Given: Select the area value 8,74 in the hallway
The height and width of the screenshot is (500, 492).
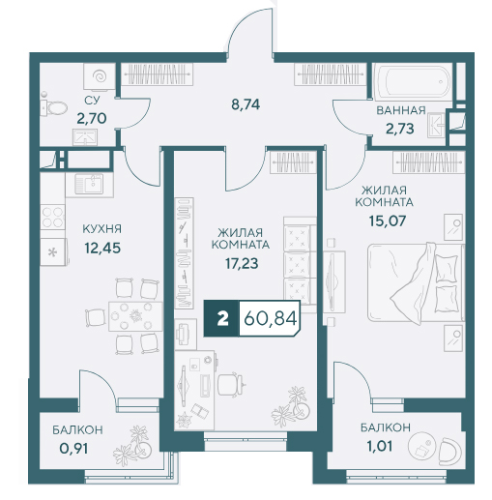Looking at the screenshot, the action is pyautogui.click(x=246, y=104).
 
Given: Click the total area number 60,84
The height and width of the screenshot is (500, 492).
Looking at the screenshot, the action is pyautogui.click(x=270, y=319).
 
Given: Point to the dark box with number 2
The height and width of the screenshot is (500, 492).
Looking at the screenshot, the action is pyautogui.click(x=221, y=319).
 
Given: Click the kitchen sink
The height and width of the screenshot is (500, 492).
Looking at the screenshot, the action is pyautogui.click(x=89, y=185).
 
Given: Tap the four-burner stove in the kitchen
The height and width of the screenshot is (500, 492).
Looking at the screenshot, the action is pyautogui.click(x=52, y=217).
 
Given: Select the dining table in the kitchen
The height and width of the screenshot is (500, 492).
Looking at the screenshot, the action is pyautogui.click(x=135, y=316).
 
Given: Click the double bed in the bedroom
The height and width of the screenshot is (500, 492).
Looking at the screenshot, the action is pyautogui.click(x=416, y=282).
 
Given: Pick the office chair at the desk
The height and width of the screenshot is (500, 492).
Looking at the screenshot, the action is pyautogui.click(x=231, y=384).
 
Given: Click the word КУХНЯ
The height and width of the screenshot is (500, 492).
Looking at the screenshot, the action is pyautogui.click(x=102, y=229).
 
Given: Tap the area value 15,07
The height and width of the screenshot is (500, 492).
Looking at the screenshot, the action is pyautogui.click(x=388, y=221).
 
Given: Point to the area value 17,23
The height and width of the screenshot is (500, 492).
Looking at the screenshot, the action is pyautogui.click(x=242, y=264).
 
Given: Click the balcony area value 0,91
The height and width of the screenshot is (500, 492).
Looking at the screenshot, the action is pyautogui.click(x=73, y=449).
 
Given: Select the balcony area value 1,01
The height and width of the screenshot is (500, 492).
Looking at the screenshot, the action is pyautogui.click(x=380, y=447).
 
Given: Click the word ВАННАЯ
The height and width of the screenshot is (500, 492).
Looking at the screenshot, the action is pyautogui.click(x=401, y=110).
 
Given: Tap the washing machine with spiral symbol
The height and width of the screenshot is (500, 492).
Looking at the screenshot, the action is pyautogui.click(x=100, y=76).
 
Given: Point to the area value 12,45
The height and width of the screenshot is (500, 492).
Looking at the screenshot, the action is pyautogui.click(x=102, y=249).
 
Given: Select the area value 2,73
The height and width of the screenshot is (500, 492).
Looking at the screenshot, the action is pyautogui.click(x=400, y=129).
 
